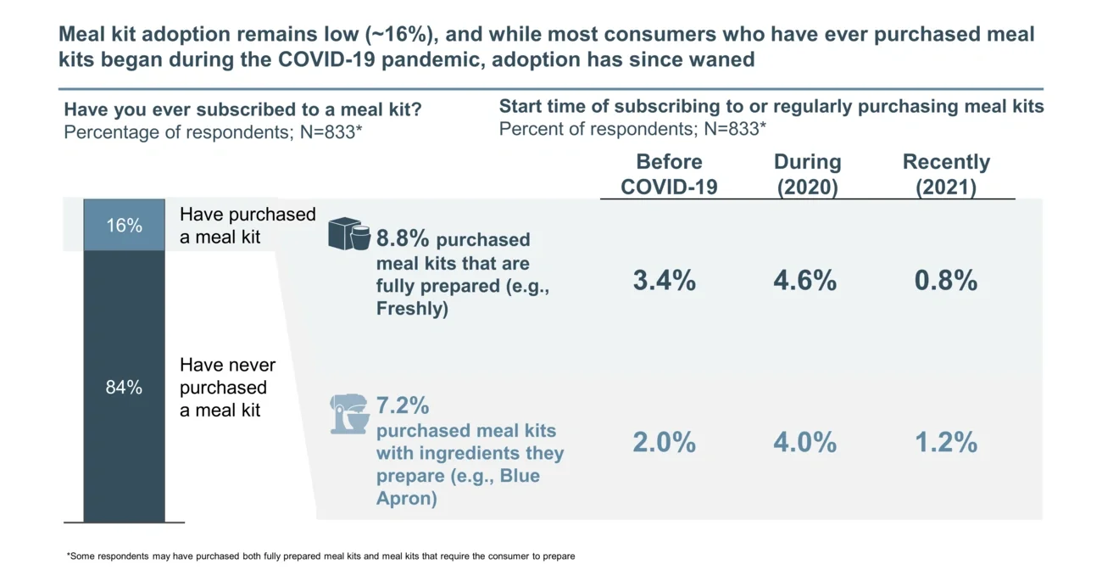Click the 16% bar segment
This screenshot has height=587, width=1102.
tap(124, 226)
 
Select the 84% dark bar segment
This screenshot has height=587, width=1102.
tap(124, 387)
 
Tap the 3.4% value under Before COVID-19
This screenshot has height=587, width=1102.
tap(664, 281)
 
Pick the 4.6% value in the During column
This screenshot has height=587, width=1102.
tap(804, 281)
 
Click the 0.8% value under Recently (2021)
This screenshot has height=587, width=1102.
tap(945, 281)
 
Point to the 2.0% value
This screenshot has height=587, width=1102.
tap(664, 442)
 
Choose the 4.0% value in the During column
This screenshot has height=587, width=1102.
tap(804, 442)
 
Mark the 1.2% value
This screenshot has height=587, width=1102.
tap(945, 442)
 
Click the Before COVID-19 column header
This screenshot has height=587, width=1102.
tap(669, 174)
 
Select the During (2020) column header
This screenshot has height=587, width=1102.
tap(807, 174)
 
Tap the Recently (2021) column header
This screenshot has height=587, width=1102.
tap(946, 174)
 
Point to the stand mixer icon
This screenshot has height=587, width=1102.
tap(348, 414)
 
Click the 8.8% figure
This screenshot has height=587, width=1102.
tap(403, 239)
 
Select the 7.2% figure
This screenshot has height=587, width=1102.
tap(402, 405)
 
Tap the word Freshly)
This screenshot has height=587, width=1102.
tap(412, 309)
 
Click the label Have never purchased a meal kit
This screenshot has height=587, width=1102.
tap(227, 388)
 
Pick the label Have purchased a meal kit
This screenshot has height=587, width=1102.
tap(247, 226)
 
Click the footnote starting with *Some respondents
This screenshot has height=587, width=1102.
tap(320, 556)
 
